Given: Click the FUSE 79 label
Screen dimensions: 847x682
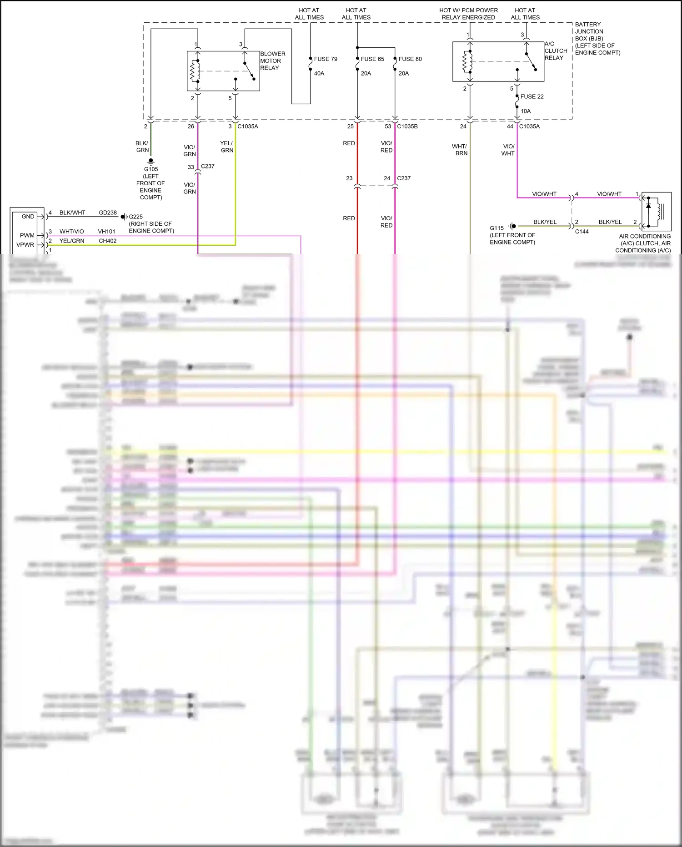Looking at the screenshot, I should point(326,59).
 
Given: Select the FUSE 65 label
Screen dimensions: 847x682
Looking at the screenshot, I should point(372,59).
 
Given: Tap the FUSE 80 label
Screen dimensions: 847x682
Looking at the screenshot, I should point(410,59).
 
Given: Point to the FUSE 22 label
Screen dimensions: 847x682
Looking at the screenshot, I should point(532,96).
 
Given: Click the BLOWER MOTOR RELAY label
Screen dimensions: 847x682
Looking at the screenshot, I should point(273,61).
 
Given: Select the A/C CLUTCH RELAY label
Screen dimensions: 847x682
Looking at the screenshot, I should point(556,51).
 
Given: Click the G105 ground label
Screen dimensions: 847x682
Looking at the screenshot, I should point(151,169).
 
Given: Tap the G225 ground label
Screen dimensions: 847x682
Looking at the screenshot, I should point(135,217).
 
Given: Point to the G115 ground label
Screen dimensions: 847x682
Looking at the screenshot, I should point(496,228).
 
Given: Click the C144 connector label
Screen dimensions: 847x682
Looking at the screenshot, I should point(582,232).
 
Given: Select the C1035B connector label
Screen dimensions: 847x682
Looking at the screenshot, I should point(407,127).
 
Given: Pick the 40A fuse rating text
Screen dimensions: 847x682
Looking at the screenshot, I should point(319,73).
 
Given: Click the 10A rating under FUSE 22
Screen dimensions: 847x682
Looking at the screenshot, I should point(526,111).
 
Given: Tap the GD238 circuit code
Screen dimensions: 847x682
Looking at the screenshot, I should point(108,213).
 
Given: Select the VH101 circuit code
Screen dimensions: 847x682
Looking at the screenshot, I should point(107,231).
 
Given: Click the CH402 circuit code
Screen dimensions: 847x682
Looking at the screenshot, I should point(108,241).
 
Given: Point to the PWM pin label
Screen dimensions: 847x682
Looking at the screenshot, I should point(27,235).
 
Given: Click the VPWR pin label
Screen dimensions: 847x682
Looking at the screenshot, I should point(25,244).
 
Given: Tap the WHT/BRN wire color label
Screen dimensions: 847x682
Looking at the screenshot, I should point(460,150).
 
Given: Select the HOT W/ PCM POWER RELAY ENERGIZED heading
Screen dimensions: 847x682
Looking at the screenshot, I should point(468,14).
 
